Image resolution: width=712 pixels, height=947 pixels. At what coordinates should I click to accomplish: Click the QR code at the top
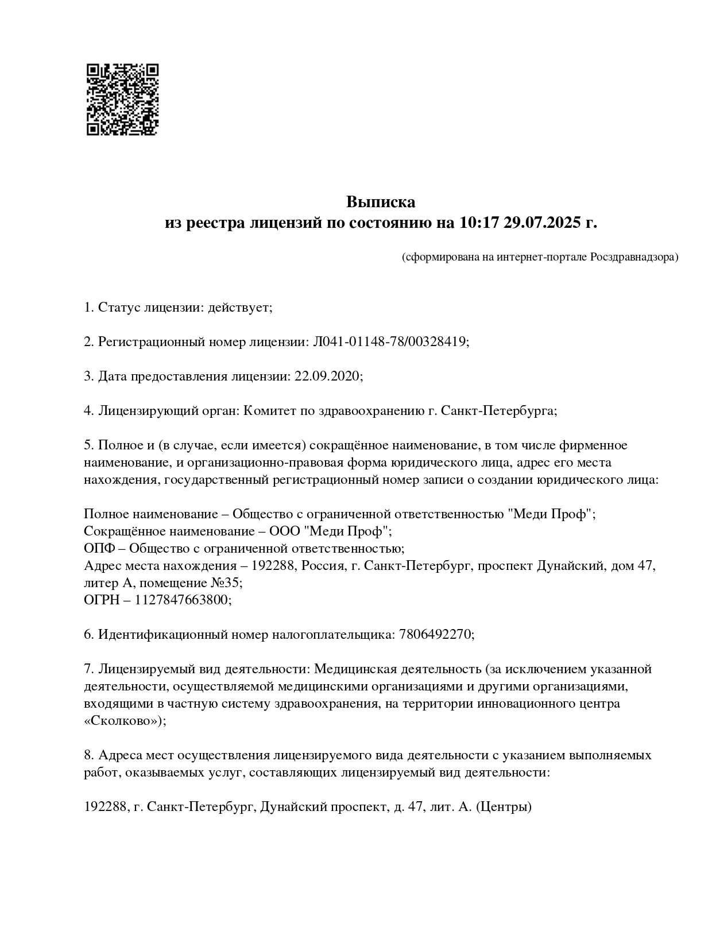(122, 99)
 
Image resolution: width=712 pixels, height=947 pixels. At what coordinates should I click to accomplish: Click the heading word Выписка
(380, 202)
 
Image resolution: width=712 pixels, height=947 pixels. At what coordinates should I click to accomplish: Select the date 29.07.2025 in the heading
(543, 223)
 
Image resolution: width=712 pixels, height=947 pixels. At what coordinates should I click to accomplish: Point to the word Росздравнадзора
(634, 257)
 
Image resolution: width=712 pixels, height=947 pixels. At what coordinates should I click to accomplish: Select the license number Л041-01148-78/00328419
(390, 342)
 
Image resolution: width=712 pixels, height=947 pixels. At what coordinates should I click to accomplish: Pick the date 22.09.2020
(327, 377)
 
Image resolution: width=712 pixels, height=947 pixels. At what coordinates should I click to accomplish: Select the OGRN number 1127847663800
(182, 600)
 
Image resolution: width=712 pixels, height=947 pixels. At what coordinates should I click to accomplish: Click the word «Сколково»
(123, 721)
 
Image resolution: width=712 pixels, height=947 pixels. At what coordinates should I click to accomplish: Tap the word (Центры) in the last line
(504, 807)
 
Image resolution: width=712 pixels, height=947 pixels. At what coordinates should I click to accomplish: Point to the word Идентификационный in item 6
(162, 634)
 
